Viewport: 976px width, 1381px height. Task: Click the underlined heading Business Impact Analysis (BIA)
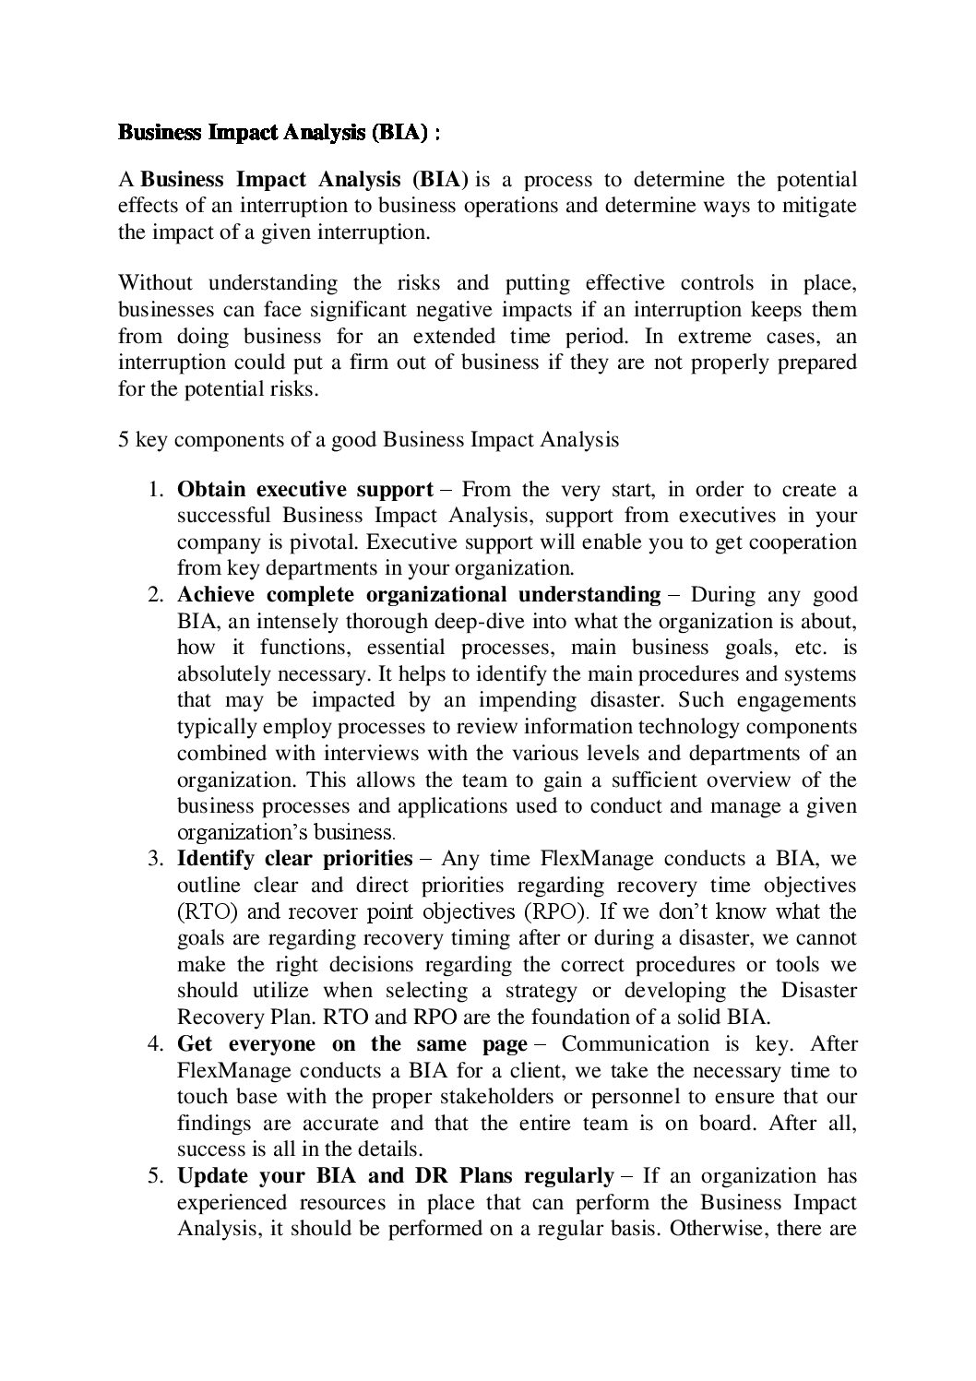pos(273,134)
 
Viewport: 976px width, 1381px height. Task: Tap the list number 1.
pos(156,489)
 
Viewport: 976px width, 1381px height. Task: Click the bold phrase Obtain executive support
pos(304,489)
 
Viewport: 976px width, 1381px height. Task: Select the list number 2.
pos(156,595)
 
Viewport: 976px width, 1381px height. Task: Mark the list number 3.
pos(156,860)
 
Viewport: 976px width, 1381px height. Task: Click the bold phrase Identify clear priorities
pos(293,860)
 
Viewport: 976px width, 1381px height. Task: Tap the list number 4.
pos(156,1045)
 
